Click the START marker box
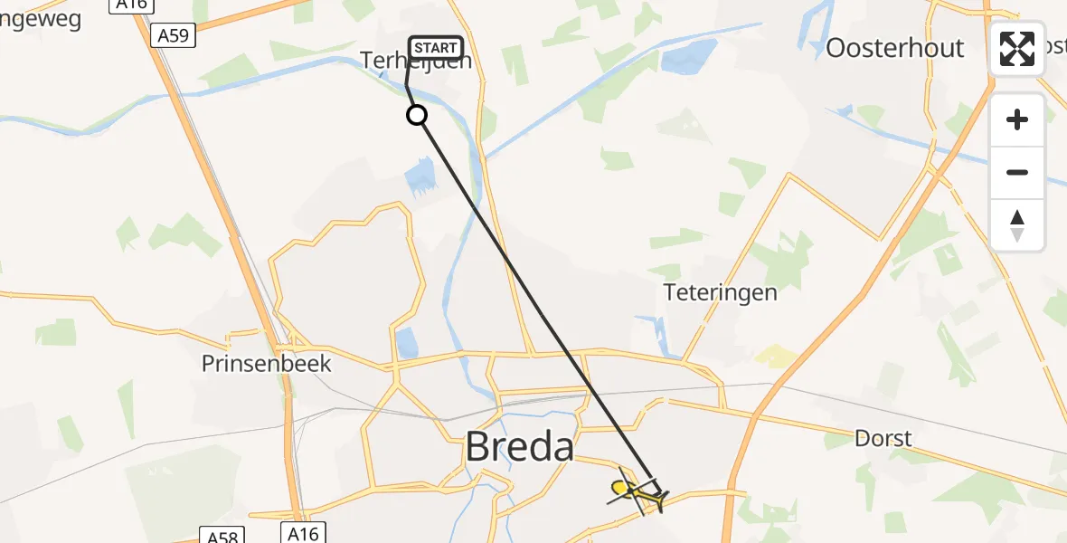click(x=437, y=48)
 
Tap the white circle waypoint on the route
click(x=417, y=115)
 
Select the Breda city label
click(x=520, y=447)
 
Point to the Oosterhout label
click(x=894, y=48)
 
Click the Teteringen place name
click(x=720, y=292)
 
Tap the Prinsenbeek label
click(x=267, y=364)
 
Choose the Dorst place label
click(x=883, y=439)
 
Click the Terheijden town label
click(x=416, y=62)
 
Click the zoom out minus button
click(x=1017, y=172)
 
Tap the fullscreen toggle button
click(x=1017, y=48)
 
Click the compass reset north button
click(x=1017, y=225)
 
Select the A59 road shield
click(x=173, y=36)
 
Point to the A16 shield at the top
click(x=130, y=5)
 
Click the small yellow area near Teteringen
click(x=777, y=356)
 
